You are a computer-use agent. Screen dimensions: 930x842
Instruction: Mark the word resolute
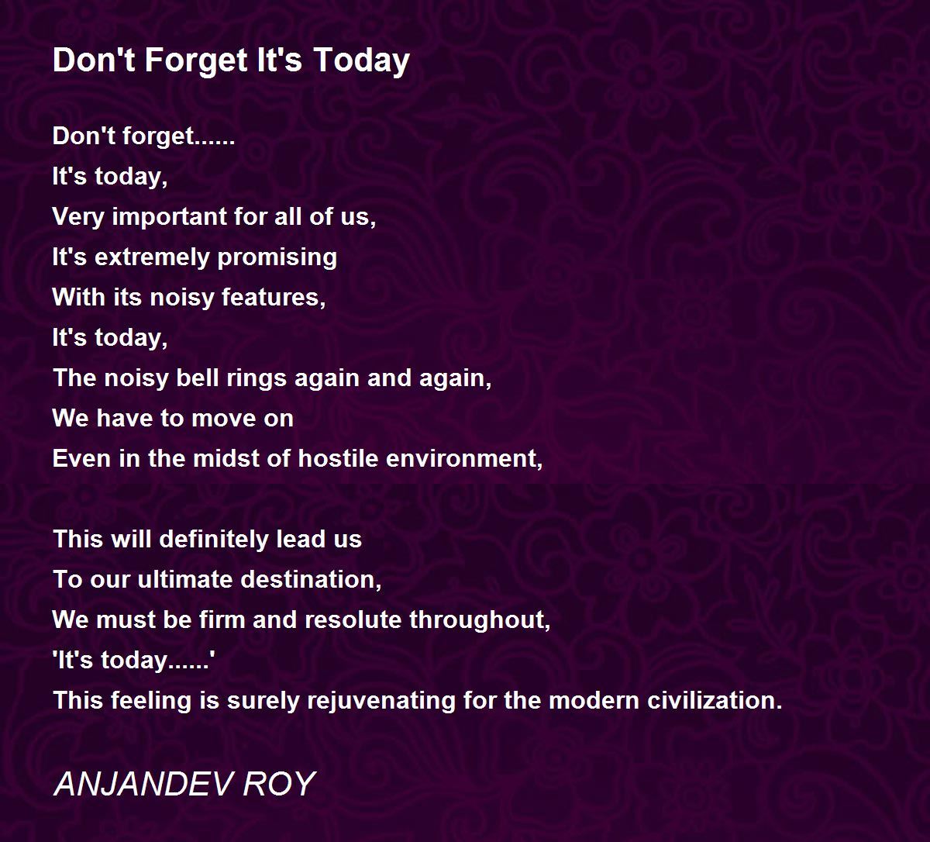coord(353,619)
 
